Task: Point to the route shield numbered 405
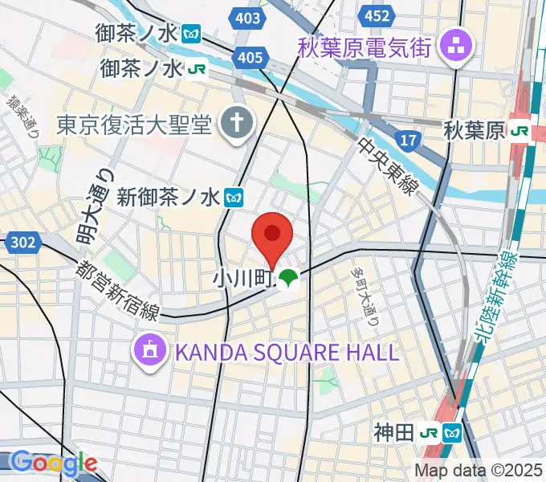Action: pos(251,56)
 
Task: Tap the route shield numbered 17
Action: pos(408,141)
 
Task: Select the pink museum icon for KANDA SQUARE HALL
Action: pos(150,350)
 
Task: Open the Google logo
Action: pos(53,463)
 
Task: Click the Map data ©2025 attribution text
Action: pos(479,470)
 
